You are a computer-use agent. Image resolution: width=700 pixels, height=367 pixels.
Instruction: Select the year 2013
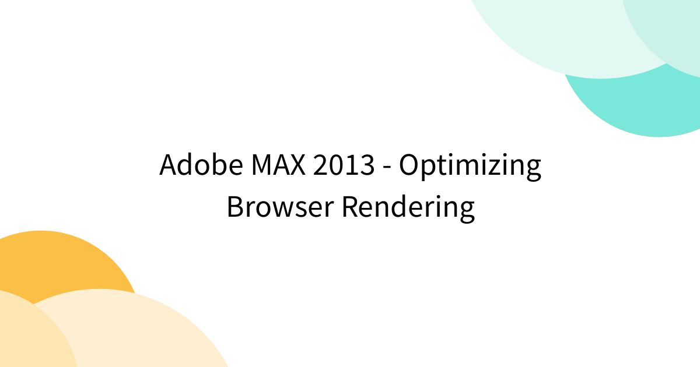(344, 165)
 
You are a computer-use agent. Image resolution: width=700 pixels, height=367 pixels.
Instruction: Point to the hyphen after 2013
(387, 168)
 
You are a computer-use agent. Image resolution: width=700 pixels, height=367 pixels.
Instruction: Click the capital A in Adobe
(169, 165)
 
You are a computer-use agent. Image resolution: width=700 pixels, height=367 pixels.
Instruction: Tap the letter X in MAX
(297, 165)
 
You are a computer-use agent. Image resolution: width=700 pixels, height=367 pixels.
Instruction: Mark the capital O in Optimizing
(409, 165)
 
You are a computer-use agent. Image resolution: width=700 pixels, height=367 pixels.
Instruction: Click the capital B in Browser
(234, 207)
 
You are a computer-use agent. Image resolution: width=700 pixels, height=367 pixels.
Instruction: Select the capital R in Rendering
(350, 207)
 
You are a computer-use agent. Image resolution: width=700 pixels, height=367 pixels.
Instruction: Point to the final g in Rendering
(467, 211)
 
